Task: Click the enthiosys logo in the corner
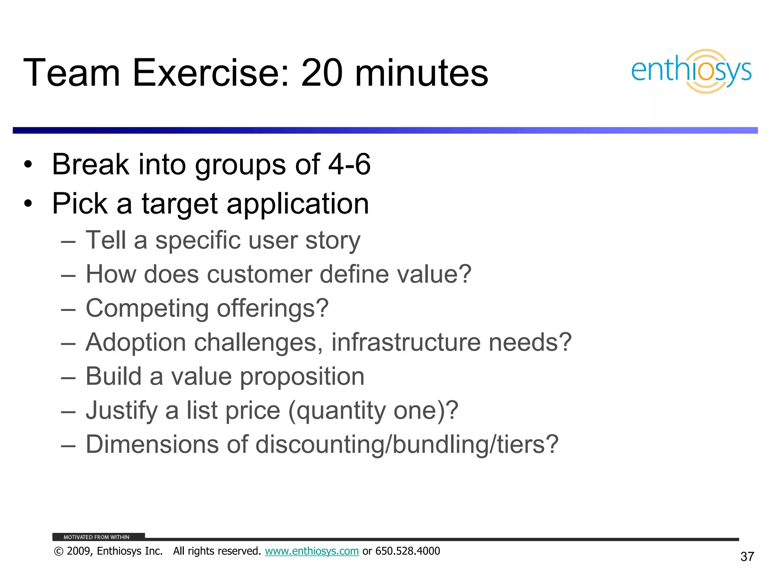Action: click(x=691, y=71)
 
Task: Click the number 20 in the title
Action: click(x=321, y=73)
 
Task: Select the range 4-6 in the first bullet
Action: click(x=349, y=164)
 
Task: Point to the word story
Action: click(x=333, y=240)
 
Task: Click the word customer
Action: click(x=259, y=274)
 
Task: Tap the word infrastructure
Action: click(x=406, y=342)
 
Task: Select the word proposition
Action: click(x=302, y=377)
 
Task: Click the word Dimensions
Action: click(x=152, y=444)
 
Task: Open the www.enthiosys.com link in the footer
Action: click(x=312, y=551)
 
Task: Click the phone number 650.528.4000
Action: click(x=408, y=551)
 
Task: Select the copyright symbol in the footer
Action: click(x=58, y=552)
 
